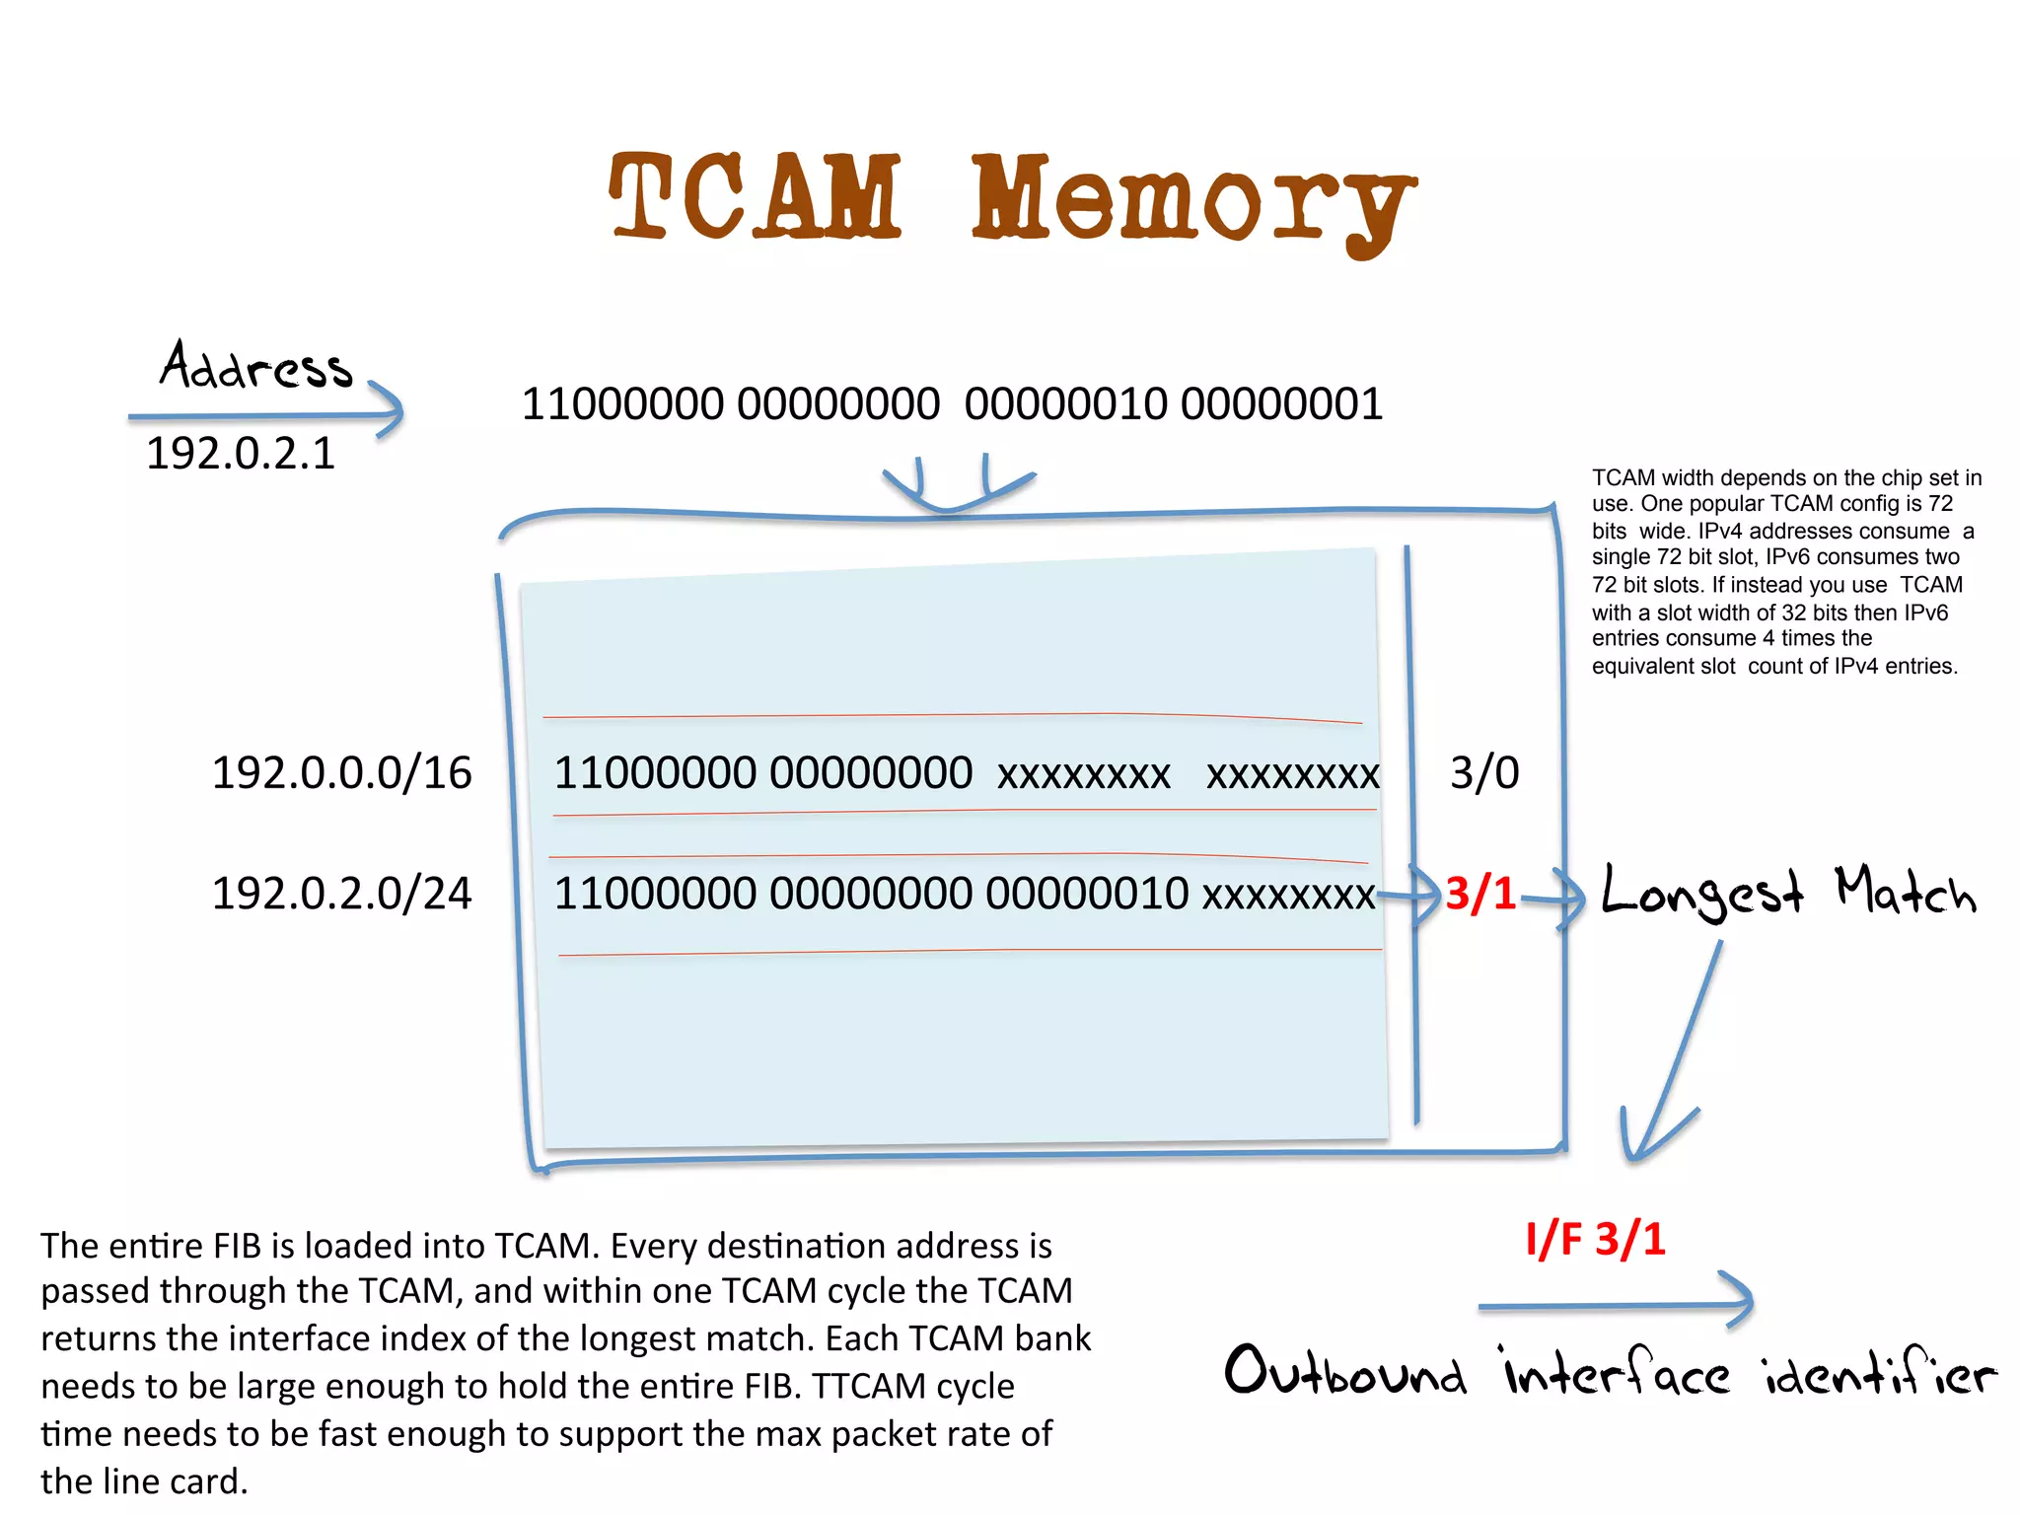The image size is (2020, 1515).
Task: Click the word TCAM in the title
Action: point(755,197)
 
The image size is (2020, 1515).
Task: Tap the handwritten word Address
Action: point(255,366)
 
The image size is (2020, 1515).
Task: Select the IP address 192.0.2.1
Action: point(241,454)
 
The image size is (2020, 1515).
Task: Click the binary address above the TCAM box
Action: point(952,404)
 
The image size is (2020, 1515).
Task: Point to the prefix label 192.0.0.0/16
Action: point(341,772)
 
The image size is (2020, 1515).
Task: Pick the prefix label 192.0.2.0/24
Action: point(341,894)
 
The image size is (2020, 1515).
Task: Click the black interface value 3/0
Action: point(1483,772)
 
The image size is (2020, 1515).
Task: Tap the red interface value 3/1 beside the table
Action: point(1479,894)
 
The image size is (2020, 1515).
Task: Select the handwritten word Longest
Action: point(1701,894)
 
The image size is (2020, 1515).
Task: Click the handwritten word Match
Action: point(1905,892)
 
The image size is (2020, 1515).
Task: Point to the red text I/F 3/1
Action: point(1595,1239)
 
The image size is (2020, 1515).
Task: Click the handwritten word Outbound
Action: point(1345,1372)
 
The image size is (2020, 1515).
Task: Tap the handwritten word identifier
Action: point(1879,1372)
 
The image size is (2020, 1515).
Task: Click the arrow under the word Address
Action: point(266,415)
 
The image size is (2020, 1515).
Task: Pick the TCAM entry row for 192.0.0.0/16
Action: point(965,773)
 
